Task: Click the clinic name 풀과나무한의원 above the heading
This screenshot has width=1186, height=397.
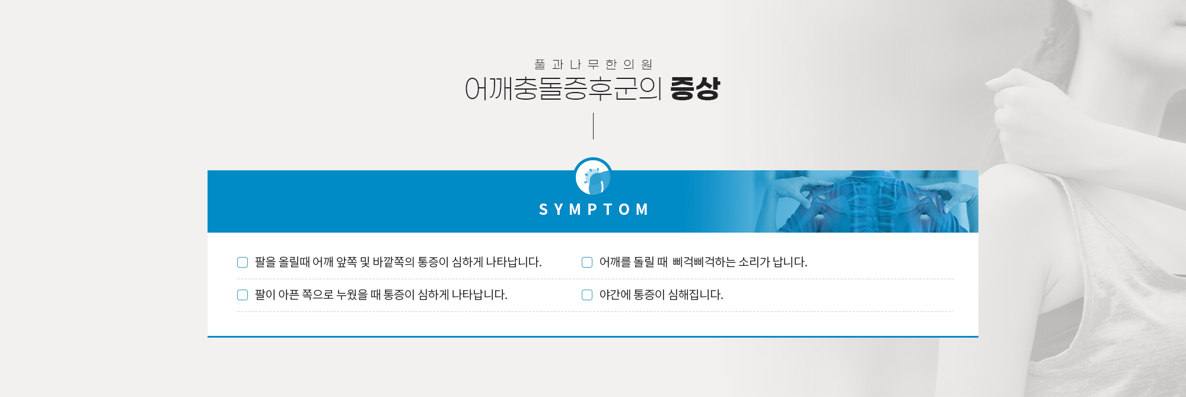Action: [593, 64]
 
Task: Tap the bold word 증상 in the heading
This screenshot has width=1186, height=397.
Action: [695, 89]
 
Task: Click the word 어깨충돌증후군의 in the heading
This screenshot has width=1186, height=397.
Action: [563, 89]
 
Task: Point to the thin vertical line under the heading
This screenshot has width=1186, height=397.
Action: [593, 126]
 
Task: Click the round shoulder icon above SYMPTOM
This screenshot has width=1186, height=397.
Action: [593, 177]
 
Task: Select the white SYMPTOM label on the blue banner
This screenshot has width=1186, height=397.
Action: [593, 209]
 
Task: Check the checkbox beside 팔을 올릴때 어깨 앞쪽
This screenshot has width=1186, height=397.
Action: [243, 262]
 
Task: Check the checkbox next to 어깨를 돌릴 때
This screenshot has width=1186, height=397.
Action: [587, 262]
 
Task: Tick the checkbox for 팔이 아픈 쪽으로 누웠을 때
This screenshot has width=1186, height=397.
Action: [243, 295]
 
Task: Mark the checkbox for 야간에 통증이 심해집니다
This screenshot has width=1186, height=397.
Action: [587, 295]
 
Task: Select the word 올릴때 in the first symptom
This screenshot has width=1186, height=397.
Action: [294, 262]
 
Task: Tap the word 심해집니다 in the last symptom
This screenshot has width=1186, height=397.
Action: [696, 294]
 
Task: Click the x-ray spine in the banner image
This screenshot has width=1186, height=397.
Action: [869, 205]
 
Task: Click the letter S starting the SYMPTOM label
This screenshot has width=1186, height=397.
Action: [543, 209]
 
